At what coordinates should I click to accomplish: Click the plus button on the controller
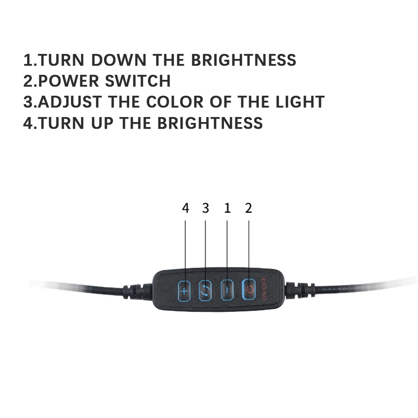tap(184, 289)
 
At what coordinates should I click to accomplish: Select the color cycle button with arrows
tap(205, 290)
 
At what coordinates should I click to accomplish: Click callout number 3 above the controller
tap(206, 208)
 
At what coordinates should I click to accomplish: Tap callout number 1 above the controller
tap(227, 208)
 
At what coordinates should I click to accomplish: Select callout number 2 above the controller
tap(249, 208)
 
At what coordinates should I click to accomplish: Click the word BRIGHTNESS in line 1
tap(244, 60)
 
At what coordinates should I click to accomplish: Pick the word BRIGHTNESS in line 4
tap(210, 123)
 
